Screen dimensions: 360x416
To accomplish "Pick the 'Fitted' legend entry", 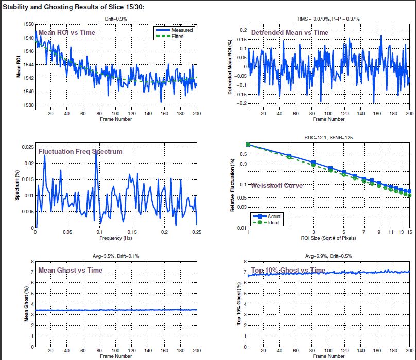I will click(181, 36).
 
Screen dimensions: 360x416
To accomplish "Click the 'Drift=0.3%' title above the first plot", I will click(115, 19).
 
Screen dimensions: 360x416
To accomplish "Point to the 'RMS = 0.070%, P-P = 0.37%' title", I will click(328, 19).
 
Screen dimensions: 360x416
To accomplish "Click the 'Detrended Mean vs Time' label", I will click(289, 32).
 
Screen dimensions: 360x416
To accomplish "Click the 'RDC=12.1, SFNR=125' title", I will click(328, 138).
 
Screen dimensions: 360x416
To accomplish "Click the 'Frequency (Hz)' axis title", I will click(115, 238).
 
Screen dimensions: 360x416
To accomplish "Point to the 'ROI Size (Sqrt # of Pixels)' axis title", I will click(328, 238).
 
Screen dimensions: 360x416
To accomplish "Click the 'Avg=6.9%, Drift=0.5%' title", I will click(328, 256).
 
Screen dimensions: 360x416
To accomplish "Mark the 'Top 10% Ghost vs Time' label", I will click(288, 271).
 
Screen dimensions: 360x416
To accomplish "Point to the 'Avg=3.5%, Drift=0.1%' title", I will click(115, 256).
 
